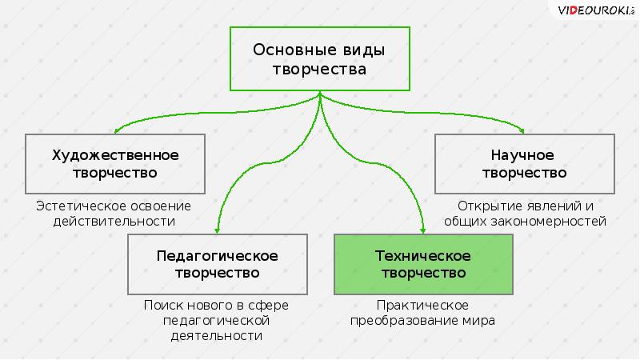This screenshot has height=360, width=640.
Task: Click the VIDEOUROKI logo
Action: coord(596,10)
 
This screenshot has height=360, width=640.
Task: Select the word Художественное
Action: coord(115,154)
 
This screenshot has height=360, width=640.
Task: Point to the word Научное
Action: coord(523,154)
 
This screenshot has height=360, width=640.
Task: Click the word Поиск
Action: coord(163,305)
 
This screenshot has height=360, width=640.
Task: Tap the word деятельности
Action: coord(217,337)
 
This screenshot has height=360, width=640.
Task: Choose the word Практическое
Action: coord(423,305)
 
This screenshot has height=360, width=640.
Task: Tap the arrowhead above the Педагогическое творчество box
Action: coord(218,230)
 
